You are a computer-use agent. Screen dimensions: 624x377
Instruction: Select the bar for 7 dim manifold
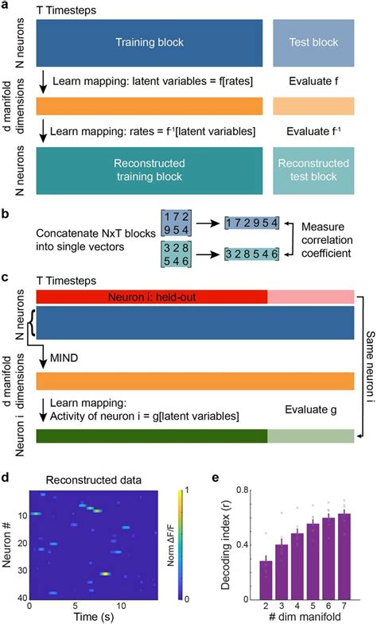point(344,559)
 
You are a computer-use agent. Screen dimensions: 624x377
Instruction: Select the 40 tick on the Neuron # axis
point(22,594)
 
